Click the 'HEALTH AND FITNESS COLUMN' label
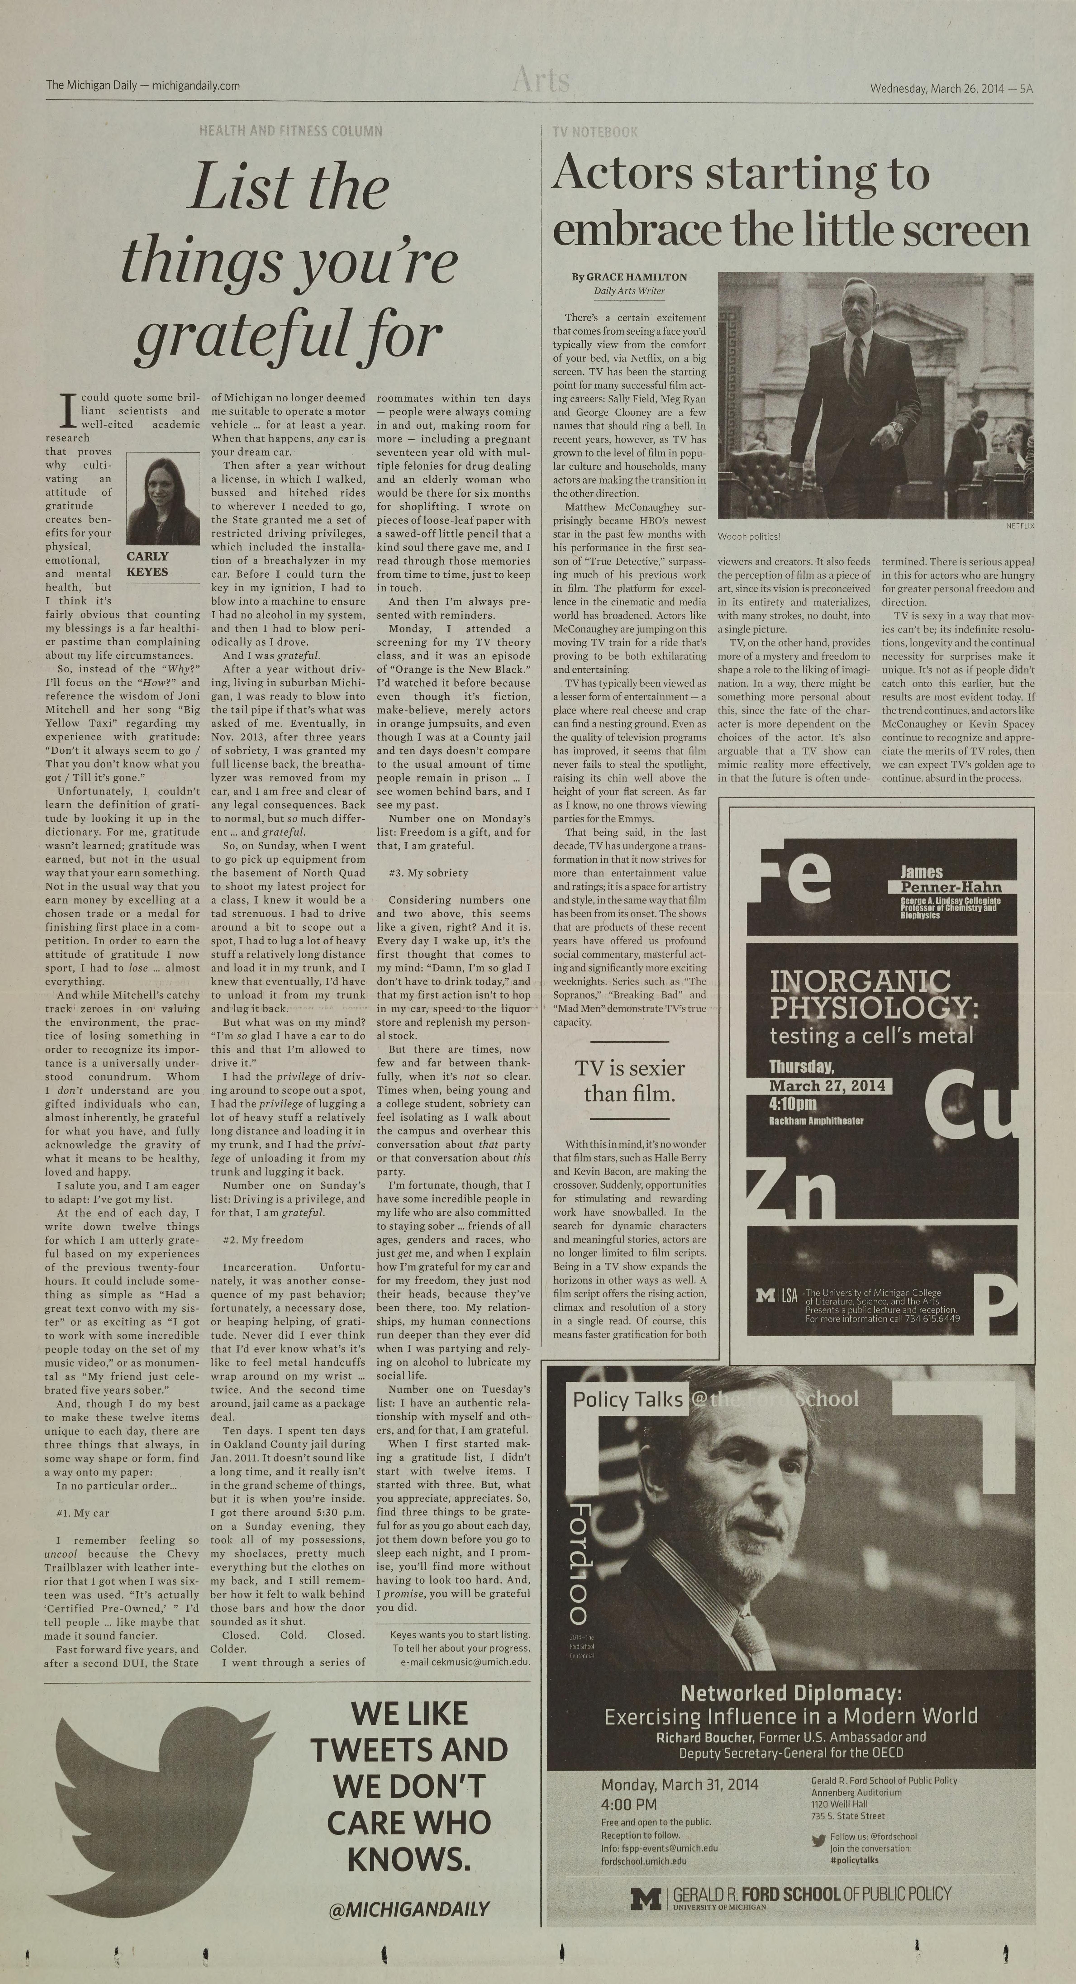tap(290, 131)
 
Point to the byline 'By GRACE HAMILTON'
tap(629, 277)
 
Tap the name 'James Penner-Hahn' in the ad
tap(950, 879)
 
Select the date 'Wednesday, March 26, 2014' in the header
tap(936, 88)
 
